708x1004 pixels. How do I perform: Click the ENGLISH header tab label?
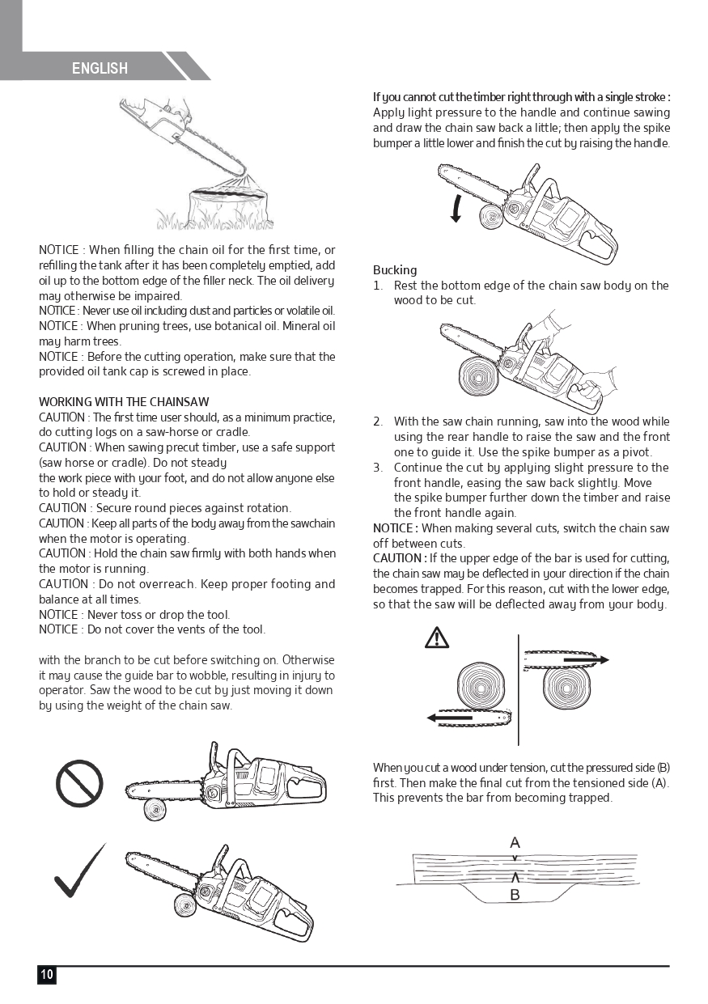100,69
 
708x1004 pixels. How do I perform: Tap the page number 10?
47,974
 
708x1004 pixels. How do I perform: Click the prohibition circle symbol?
79,784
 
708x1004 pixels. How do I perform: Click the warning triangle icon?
437,638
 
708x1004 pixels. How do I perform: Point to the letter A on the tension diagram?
515,843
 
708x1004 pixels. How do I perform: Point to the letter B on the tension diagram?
515,895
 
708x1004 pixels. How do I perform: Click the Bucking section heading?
395,270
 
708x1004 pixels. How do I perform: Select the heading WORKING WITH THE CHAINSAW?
124,402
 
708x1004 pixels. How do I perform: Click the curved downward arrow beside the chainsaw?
457,208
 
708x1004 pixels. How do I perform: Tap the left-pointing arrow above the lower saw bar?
450,718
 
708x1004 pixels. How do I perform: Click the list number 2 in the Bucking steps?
378,422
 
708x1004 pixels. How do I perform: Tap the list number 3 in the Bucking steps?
378,468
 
